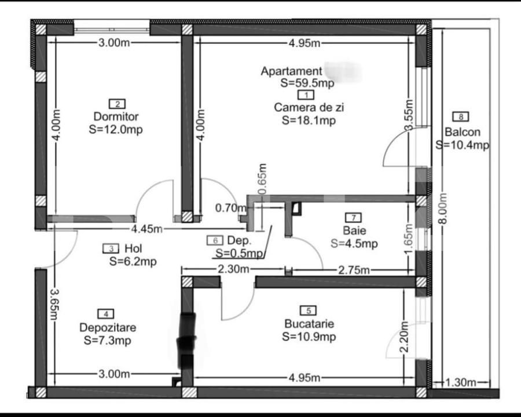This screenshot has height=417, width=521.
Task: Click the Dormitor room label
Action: coord(116,116)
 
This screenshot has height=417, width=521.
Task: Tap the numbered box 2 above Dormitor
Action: coord(118,104)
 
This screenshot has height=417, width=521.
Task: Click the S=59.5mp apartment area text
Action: coord(307,83)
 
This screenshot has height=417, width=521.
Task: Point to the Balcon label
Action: coord(462,131)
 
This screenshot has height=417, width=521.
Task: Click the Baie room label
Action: coord(353,231)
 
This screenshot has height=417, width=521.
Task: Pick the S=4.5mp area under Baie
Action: coord(354,244)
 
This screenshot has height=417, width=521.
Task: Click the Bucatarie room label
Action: coord(309,323)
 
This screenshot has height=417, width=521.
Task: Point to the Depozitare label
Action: coord(108,328)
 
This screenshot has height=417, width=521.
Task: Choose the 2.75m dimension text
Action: coord(353,269)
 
